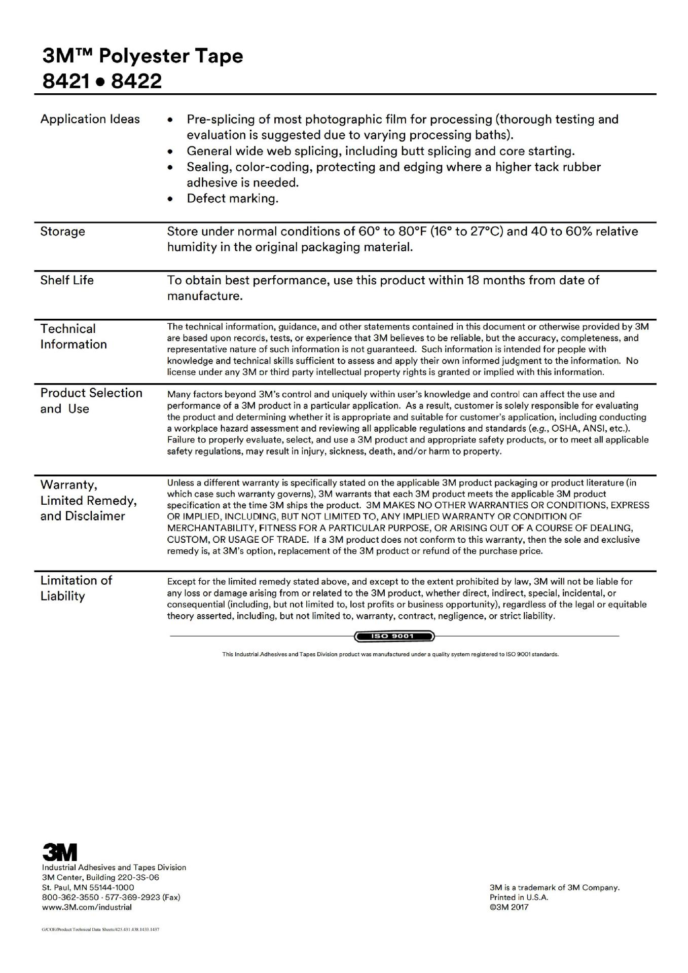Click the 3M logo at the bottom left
(59, 852)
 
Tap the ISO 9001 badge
(394, 636)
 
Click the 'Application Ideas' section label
(90, 119)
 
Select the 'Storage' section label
(62, 232)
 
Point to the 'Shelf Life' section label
(67, 280)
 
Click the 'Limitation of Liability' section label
(76, 588)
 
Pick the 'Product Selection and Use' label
(91, 401)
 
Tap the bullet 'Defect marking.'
(232, 199)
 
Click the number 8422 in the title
(136, 81)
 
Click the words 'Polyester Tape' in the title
(171, 56)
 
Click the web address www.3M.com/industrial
(87, 907)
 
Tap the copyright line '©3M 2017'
(509, 907)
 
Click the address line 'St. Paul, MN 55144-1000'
(88, 887)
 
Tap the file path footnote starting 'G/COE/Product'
(100, 930)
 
